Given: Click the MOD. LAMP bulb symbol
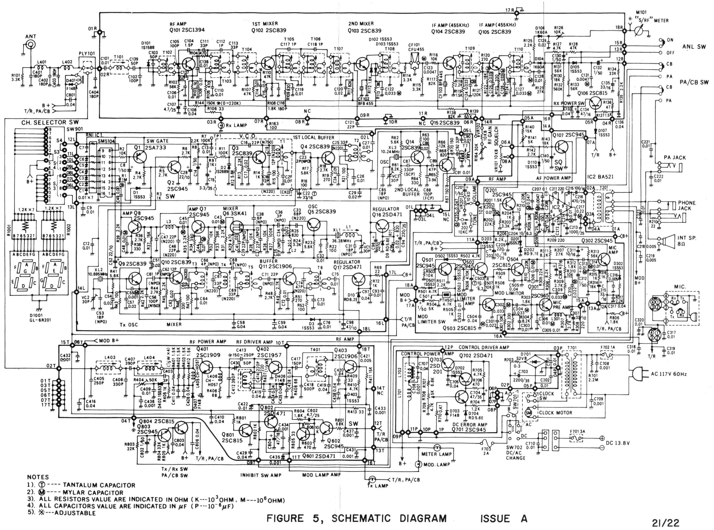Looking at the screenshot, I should (x=418, y=464).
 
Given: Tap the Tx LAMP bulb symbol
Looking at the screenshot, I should (x=372, y=479).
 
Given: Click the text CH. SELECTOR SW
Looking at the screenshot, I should (x=50, y=122).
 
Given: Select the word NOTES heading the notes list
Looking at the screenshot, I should (x=38, y=477).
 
